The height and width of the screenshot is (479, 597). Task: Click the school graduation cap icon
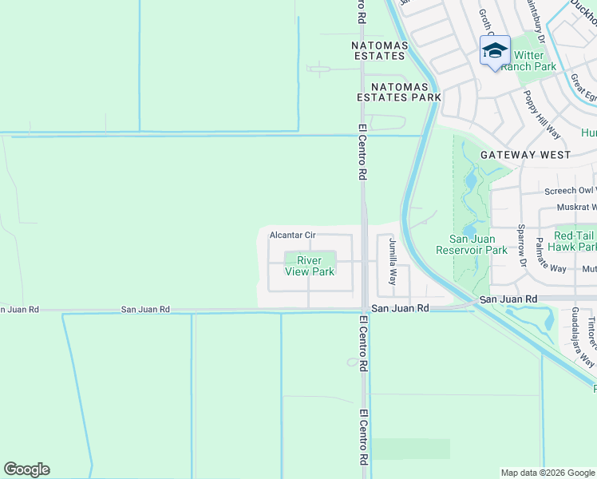click(495, 50)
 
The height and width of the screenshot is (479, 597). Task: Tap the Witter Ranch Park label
click(534, 61)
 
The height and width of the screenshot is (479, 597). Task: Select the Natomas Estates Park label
click(398, 92)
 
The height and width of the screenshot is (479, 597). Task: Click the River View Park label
click(310, 266)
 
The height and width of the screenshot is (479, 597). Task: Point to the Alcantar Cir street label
click(294, 236)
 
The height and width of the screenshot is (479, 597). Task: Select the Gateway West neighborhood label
click(525, 155)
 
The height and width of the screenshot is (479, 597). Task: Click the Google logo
click(26, 469)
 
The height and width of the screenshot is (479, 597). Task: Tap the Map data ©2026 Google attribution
click(548, 473)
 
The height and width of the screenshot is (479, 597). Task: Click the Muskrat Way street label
click(576, 207)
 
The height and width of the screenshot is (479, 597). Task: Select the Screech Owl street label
click(570, 191)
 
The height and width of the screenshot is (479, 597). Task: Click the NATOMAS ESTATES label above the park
click(379, 50)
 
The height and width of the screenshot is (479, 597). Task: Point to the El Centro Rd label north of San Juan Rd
click(362, 151)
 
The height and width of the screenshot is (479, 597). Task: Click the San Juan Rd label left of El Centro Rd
click(146, 309)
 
